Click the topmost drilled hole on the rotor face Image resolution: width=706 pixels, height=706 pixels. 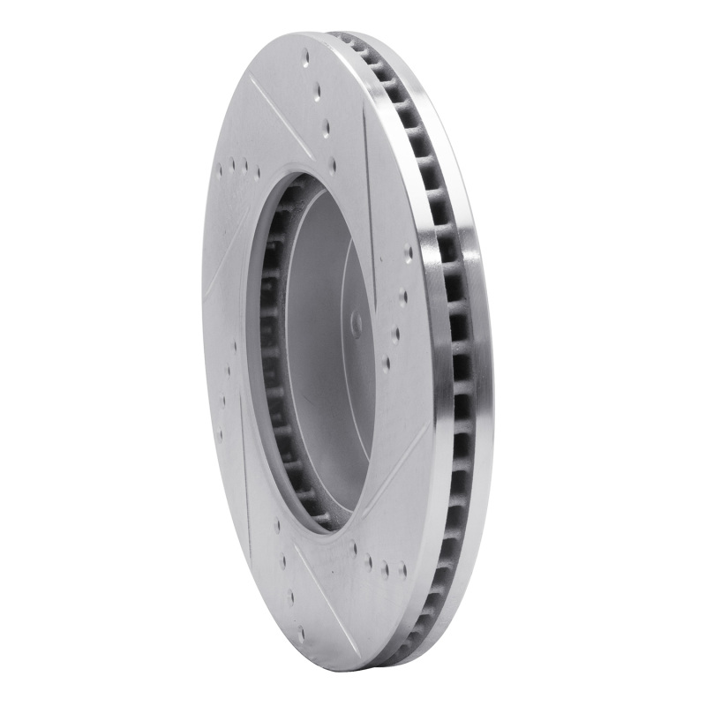(306, 58)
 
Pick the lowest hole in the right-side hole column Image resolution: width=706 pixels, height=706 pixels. (386, 361)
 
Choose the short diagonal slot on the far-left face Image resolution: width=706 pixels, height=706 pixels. (221, 265)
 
